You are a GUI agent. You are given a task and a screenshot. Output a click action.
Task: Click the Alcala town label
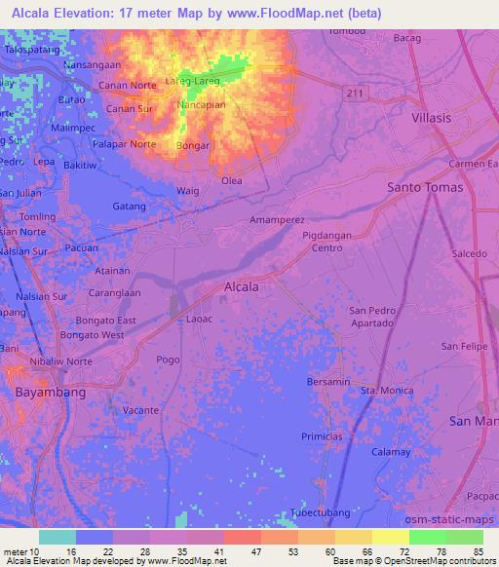242,287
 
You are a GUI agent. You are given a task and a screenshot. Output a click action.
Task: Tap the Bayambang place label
52,392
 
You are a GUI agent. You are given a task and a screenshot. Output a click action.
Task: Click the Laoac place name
199,319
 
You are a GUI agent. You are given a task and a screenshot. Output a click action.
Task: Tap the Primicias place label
323,436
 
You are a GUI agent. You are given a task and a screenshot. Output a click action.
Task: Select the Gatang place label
129,207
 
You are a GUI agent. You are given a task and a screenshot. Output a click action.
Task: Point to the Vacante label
140,410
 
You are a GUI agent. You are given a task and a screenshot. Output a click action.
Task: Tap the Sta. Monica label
381,390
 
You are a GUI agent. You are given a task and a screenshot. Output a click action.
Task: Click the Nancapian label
202,103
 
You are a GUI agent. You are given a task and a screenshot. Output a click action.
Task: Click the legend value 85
479,550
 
